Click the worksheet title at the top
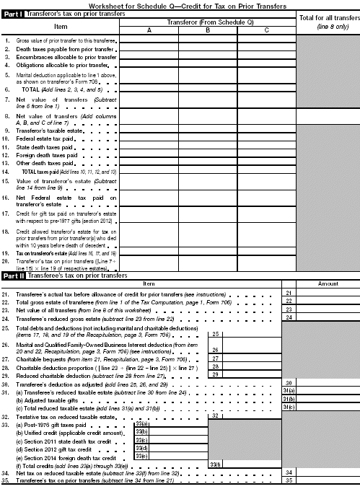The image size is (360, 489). (179, 5)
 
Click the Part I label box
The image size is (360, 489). (14, 14)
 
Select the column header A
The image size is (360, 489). (149, 30)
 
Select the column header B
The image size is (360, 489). (207, 30)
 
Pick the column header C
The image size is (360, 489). (266, 30)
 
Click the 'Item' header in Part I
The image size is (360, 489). (61, 25)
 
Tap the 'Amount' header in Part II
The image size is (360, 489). (328, 283)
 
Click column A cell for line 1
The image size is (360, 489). (149, 41)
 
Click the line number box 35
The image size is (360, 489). (289, 480)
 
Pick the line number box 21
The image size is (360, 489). (289, 292)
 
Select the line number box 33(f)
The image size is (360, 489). (215, 464)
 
